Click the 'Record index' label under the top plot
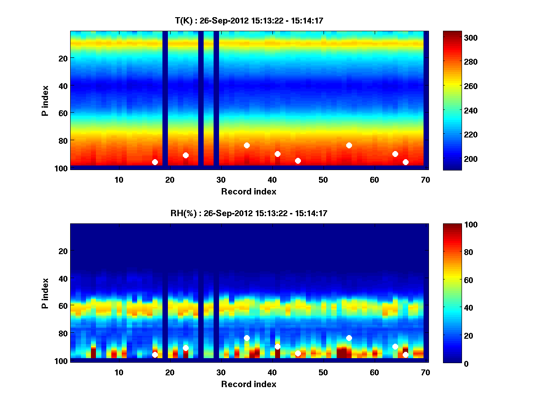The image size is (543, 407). pos(248,191)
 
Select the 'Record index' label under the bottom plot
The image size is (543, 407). pos(248,384)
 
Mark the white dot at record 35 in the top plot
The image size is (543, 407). pos(247,145)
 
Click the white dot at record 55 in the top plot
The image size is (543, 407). pos(349,145)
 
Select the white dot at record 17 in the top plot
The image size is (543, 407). pos(155,162)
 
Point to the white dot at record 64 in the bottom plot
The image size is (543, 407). pos(395,346)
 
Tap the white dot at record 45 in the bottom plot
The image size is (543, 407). pos(298,353)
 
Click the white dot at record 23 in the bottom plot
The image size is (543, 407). pos(186,348)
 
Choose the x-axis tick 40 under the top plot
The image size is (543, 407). pos(272,179)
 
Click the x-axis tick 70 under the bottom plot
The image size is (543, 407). pos(425,372)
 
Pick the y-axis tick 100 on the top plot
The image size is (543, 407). pos(62,168)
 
